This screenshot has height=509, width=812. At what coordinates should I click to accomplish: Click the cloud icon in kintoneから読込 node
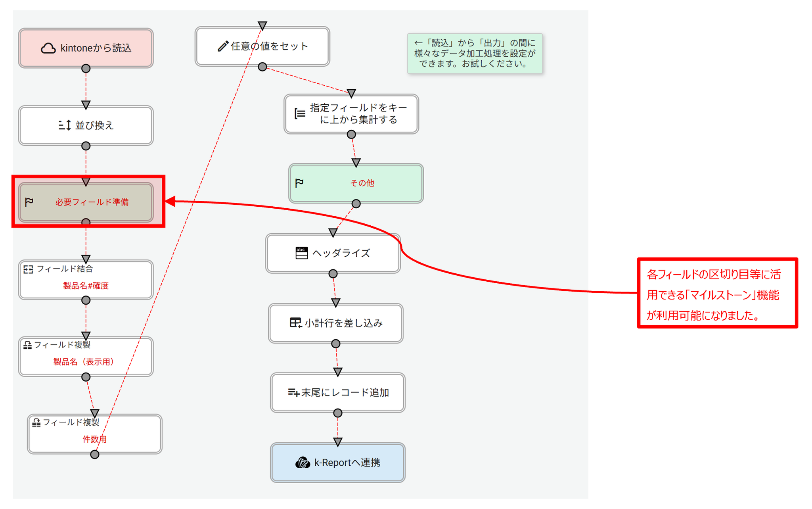48,48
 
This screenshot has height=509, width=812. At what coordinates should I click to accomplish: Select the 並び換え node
86,125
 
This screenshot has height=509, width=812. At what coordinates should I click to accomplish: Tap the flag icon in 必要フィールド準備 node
29,202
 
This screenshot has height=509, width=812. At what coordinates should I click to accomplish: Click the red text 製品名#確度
86,286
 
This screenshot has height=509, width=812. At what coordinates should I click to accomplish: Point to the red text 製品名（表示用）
84,362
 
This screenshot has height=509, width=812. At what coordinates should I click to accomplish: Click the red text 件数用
94,439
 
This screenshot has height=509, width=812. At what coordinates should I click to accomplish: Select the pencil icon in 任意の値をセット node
223,46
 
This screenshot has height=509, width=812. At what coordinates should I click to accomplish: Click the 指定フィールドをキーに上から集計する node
351,114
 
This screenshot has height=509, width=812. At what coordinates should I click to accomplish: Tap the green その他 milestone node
356,183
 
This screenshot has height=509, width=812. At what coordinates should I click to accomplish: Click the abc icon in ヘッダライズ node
301,253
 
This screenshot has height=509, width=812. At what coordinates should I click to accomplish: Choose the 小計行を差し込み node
335,323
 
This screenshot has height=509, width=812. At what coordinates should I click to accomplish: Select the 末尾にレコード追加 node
337,392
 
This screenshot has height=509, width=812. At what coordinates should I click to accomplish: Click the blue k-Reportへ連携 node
337,463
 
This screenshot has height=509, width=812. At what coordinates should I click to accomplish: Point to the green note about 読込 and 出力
475,54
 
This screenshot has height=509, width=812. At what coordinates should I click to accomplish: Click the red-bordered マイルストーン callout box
717,293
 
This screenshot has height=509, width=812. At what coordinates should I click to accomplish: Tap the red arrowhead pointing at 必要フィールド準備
170,201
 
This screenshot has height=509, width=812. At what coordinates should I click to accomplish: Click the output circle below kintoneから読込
86,69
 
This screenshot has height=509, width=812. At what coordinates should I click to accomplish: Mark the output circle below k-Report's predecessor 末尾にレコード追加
338,413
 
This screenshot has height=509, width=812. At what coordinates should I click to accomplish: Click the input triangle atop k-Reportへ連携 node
338,442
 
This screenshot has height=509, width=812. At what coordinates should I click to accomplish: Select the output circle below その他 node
356,204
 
